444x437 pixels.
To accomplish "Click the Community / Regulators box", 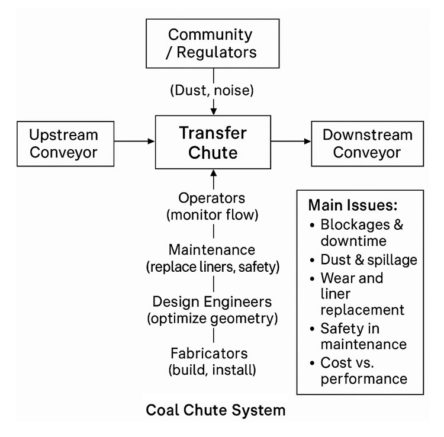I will (213, 43).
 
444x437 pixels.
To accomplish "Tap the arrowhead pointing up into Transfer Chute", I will (213, 173).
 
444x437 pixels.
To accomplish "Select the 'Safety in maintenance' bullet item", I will (361, 336).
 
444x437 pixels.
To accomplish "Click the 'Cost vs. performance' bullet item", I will (361, 370).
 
